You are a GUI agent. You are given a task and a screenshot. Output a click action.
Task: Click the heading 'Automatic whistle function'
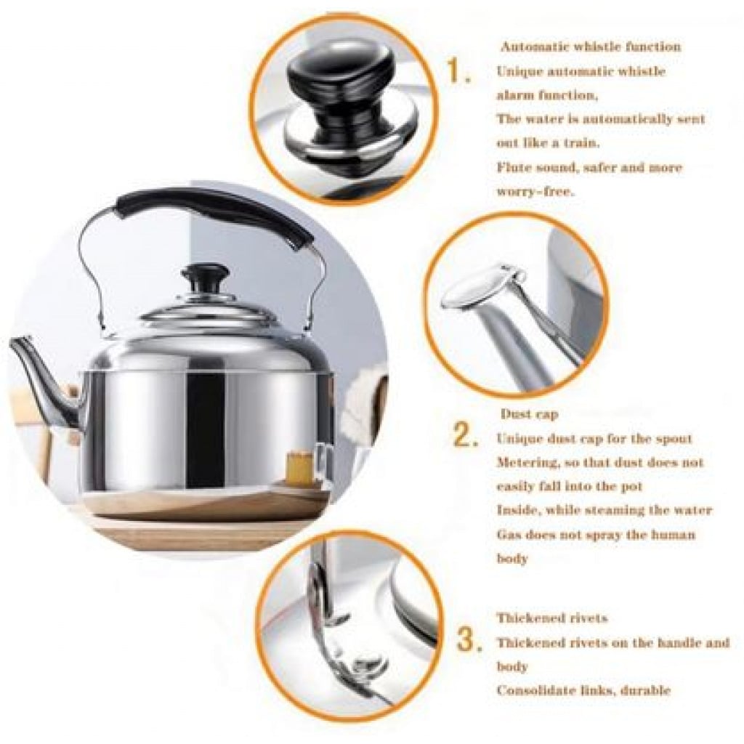[591, 46]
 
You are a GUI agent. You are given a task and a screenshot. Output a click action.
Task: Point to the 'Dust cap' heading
[529, 413]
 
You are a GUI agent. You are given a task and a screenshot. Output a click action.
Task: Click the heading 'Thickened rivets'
[552, 618]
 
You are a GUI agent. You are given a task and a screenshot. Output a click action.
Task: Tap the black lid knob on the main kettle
[206, 279]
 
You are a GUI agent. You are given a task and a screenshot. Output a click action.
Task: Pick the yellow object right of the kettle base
[299, 465]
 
